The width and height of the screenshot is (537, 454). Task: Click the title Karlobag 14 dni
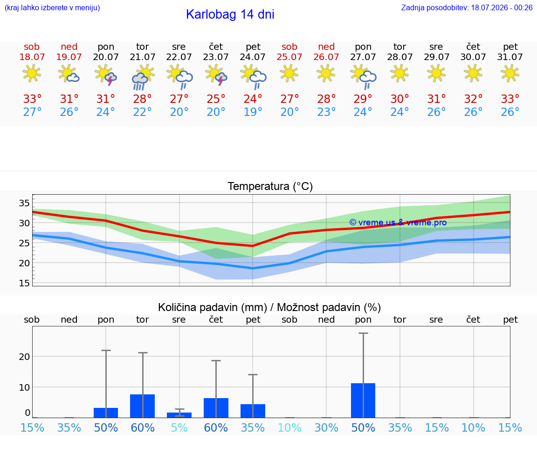pos(230,14)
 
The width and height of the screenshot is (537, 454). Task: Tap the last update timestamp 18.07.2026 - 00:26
pos(502,7)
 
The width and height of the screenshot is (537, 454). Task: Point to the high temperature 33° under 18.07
pos(32,99)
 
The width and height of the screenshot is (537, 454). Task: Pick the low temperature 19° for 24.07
pos(253,112)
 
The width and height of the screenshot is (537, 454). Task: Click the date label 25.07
pos(289,57)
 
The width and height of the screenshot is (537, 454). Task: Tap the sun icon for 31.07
pos(510,73)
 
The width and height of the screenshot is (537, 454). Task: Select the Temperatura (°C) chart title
pos(270,186)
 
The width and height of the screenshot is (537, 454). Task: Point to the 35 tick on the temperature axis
pos(24,203)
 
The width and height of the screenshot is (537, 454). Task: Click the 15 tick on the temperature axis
pos(24,283)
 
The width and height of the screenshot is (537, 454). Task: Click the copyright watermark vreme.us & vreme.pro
pos(398,223)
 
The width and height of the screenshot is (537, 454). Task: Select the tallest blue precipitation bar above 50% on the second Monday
pos(363,400)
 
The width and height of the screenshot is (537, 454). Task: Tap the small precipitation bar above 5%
pos(179,415)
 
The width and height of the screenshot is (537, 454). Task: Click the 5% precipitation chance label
pos(179,427)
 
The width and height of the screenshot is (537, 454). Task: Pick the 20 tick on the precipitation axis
pos(24,357)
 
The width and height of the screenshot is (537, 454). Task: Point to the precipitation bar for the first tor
pos(143,406)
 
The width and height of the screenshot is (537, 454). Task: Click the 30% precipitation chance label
pos(326,427)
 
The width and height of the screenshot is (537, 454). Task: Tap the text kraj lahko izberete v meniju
pos(52,7)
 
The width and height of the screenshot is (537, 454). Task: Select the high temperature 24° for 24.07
pos(253,99)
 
